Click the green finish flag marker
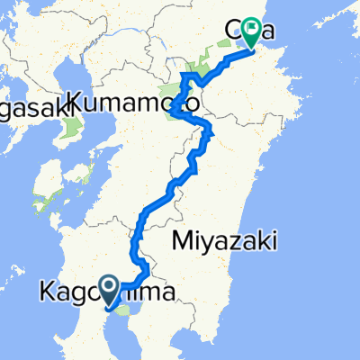247,32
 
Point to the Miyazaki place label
220,240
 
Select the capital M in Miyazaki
178,240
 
